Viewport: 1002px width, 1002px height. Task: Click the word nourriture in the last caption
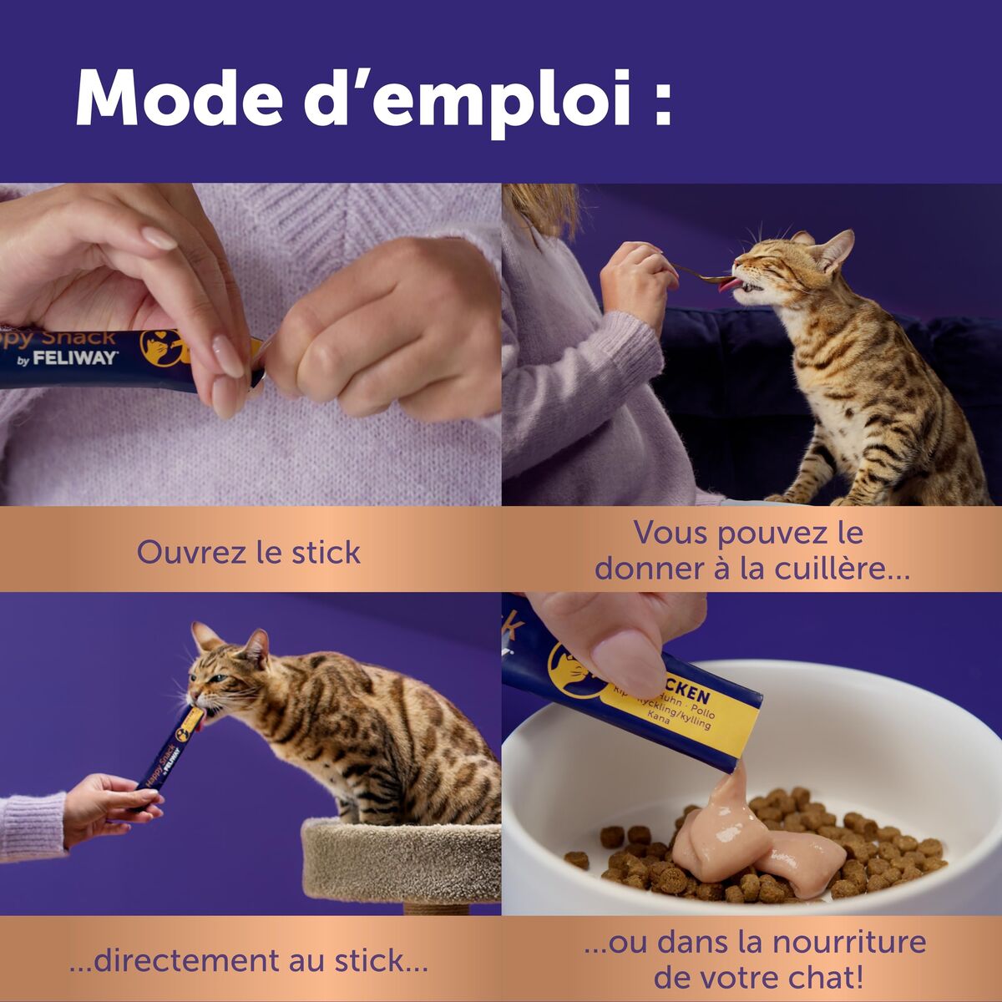click(x=849, y=942)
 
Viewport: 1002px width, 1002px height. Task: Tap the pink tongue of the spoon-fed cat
click(x=728, y=284)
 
